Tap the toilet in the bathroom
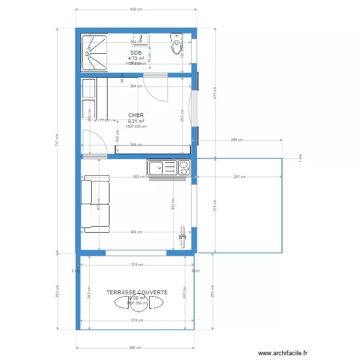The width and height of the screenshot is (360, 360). pyautogui.click(x=177, y=44)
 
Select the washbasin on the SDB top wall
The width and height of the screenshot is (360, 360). pyautogui.click(x=141, y=37)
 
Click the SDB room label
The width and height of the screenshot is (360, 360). pyautogui.click(x=136, y=53)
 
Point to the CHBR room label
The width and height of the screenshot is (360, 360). pyautogui.click(x=136, y=116)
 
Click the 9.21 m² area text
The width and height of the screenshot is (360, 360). pyautogui.click(x=136, y=121)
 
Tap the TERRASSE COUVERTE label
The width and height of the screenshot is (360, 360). pyautogui.click(x=137, y=292)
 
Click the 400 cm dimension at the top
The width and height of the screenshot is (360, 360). pyautogui.click(x=136, y=9)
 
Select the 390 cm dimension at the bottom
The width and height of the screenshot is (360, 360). pyautogui.click(x=135, y=348)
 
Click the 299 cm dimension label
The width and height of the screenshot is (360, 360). pyautogui.click(x=237, y=140)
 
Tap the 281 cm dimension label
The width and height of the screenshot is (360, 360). pyautogui.click(x=240, y=177)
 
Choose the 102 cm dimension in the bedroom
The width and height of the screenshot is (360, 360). pyautogui.click(x=118, y=136)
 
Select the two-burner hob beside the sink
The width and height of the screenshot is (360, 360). pyautogui.click(x=183, y=168)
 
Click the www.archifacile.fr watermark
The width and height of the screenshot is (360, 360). pyautogui.click(x=282, y=353)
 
